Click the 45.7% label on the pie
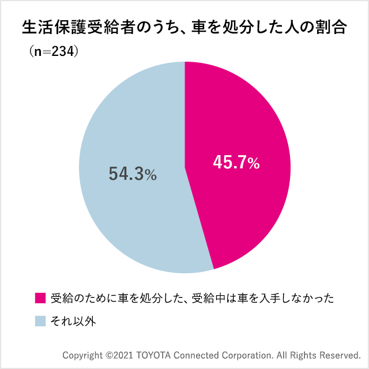pos(236,163)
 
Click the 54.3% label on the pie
pos(133,174)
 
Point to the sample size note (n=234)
pos(53,51)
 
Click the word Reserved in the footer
pos(339,354)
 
